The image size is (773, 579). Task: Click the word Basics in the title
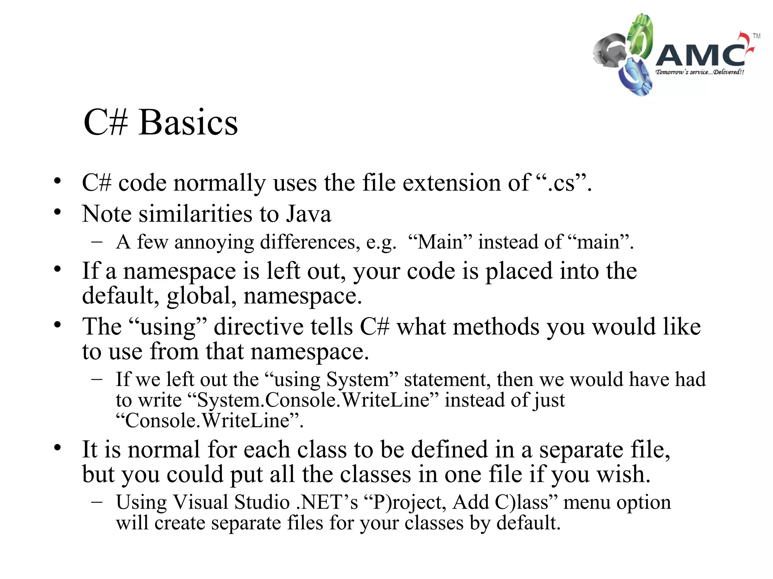coord(188,123)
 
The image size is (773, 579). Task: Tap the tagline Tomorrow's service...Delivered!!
coord(700,72)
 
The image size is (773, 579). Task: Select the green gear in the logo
coord(640,36)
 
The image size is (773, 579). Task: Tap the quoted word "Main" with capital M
coord(440,242)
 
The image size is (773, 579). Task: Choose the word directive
coord(259,326)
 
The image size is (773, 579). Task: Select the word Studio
coord(262,502)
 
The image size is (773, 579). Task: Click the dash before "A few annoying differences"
coord(96,242)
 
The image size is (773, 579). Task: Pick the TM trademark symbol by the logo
coord(756,36)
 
